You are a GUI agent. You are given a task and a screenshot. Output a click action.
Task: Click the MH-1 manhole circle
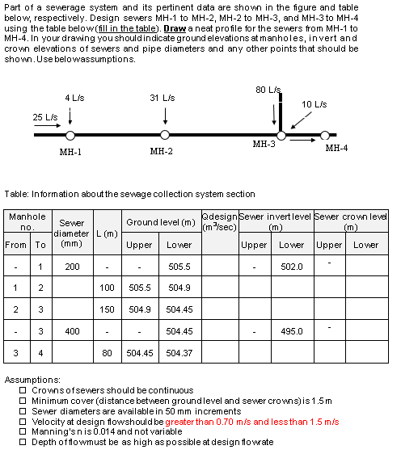[x=70, y=135]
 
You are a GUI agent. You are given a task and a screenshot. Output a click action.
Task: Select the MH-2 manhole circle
[x=165, y=135]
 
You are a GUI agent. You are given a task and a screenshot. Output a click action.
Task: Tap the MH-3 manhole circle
[x=281, y=135]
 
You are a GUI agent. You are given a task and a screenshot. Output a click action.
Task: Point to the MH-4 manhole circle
[x=325, y=135]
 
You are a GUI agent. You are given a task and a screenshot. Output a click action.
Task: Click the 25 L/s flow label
[x=44, y=117]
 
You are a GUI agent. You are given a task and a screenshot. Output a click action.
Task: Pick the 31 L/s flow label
[x=162, y=98]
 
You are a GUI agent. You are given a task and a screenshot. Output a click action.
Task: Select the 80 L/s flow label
[x=268, y=89]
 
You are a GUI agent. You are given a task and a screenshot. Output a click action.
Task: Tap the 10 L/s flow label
[x=314, y=104]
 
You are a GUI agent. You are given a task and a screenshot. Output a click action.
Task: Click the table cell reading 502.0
[x=292, y=266]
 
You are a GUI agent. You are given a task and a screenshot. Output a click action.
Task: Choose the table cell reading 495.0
[x=292, y=330]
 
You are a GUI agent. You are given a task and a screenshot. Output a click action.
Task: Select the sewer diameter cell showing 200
[x=72, y=266]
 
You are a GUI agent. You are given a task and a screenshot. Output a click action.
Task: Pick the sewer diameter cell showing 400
[x=72, y=330]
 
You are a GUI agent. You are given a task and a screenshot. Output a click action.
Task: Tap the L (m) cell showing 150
[x=107, y=309]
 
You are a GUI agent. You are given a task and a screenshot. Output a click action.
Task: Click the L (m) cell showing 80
[x=107, y=352]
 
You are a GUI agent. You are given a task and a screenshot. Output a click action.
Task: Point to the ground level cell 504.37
[x=179, y=352]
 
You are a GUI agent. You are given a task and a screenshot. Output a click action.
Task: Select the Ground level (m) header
[x=160, y=222]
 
